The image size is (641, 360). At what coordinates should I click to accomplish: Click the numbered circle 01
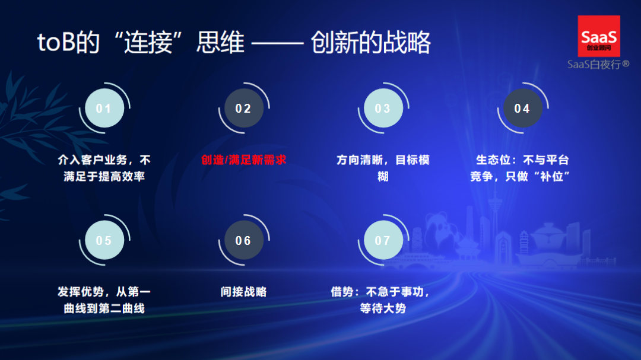point(104,109)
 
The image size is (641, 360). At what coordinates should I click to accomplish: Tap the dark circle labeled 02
point(243,109)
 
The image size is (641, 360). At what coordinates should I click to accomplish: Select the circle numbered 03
point(383,109)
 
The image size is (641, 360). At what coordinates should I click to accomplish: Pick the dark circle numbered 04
point(522,109)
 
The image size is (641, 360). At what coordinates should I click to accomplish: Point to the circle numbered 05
point(104,241)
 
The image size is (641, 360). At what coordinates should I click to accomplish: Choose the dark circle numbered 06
point(243,241)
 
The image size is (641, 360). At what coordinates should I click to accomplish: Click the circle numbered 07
point(383,241)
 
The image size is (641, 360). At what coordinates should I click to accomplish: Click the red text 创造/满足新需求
point(243,160)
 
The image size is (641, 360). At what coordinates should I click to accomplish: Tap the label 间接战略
point(243,292)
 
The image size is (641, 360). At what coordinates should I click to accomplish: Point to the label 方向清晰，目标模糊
point(383,168)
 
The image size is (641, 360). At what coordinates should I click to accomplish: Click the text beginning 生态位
point(522,168)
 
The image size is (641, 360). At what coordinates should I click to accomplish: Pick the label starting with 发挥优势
point(104,300)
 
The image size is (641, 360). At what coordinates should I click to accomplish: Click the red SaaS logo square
point(599,36)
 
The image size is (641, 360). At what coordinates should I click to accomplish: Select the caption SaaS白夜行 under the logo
point(598,64)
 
